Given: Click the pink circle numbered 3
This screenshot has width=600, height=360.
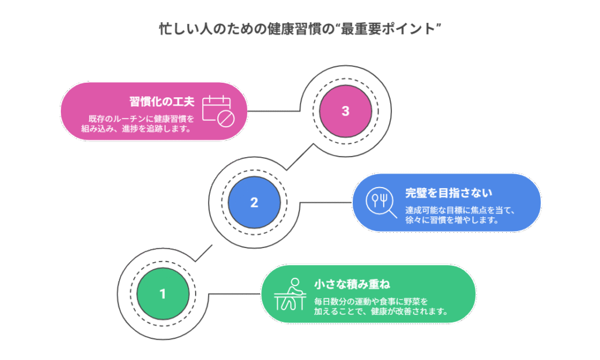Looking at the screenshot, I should click(345, 111).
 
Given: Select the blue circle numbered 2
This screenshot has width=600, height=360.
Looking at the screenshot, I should click(254, 202).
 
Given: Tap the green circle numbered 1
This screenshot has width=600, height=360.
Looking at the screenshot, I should click(162, 293).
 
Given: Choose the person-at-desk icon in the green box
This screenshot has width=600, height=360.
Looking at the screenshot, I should click(291, 294).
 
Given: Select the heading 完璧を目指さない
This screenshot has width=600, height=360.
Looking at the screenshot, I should click(448, 192).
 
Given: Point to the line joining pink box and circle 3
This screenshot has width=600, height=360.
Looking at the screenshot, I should click(275, 111).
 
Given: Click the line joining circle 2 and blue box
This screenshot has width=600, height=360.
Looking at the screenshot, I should click(325, 202).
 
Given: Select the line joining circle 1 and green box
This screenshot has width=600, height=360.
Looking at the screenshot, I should click(234, 293).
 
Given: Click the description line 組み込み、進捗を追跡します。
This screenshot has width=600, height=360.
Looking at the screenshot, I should click(135, 129).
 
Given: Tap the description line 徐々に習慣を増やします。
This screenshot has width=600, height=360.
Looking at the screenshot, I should click(452, 220).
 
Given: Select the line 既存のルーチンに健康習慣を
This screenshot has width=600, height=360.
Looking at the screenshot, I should click(141, 118).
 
